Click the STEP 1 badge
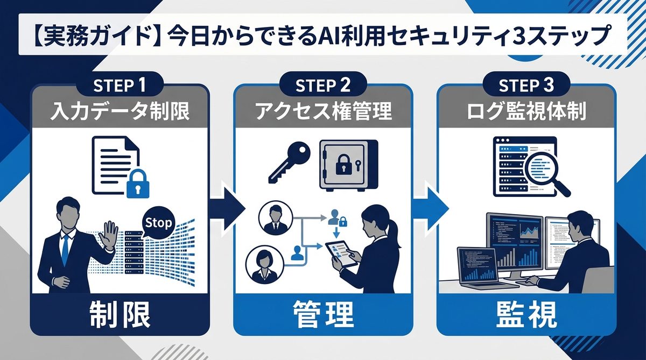tap(120, 86)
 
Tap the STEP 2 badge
tap(323, 86)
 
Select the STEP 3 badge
tap(526, 86)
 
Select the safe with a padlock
tap(348, 165)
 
